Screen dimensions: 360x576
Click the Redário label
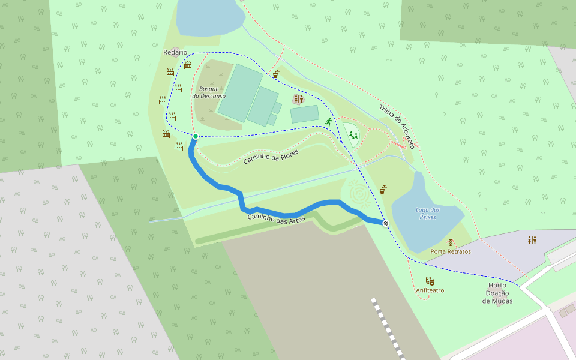click(x=175, y=52)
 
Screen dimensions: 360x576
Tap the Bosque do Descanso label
click(x=209, y=92)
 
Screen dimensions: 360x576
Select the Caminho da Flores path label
click(x=271, y=157)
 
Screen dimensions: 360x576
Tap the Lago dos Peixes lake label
click(x=427, y=213)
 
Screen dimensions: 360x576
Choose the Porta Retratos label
click(x=451, y=251)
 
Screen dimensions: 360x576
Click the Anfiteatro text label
click(x=430, y=290)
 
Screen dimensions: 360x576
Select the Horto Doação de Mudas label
click(x=497, y=293)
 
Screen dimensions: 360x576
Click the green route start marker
click(x=196, y=137)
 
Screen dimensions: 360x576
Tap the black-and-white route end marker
click(x=386, y=224)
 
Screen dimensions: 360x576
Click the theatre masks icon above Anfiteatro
click(x=430, y=281)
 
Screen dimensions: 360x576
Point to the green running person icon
click(x=329, y=122)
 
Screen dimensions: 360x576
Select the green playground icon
click(x=353, y=136)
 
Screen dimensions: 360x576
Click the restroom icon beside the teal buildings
click(x=298, y=99)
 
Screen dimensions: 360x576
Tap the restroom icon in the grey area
click(x=532, y=240)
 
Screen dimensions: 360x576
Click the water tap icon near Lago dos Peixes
click(x=383, y=190)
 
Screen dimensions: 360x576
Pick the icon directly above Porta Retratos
click(x=451, y=242)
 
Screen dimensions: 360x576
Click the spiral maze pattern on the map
click(x=358, y=194)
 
